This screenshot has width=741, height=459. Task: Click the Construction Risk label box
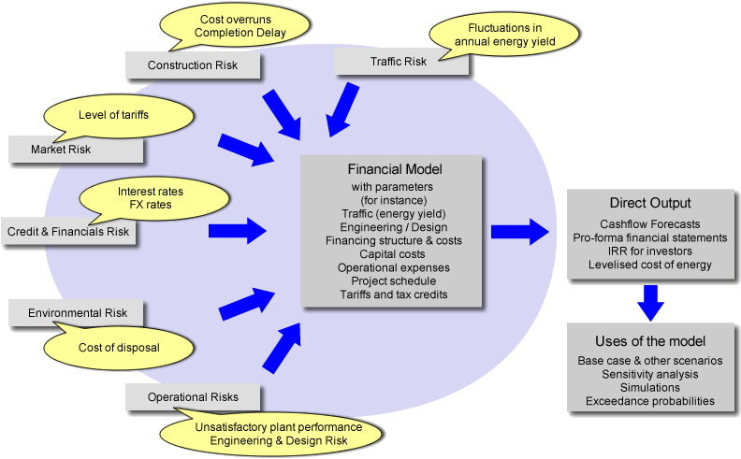(x=193, y=65)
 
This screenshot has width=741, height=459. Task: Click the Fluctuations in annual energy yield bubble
(x=504, y=35)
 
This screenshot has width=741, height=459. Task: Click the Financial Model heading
(x=394, y=170)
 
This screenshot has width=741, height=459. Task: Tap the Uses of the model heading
(x=650, y=340)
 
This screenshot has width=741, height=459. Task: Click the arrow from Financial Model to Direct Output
(x=521, y=230)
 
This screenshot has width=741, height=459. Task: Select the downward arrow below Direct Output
(x=651, y=301)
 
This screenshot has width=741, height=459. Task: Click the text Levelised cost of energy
(x=649, y=265)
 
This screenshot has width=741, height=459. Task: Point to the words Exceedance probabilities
(x=650, y=401)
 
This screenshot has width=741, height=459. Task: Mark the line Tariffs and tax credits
(x=394, y=294)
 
